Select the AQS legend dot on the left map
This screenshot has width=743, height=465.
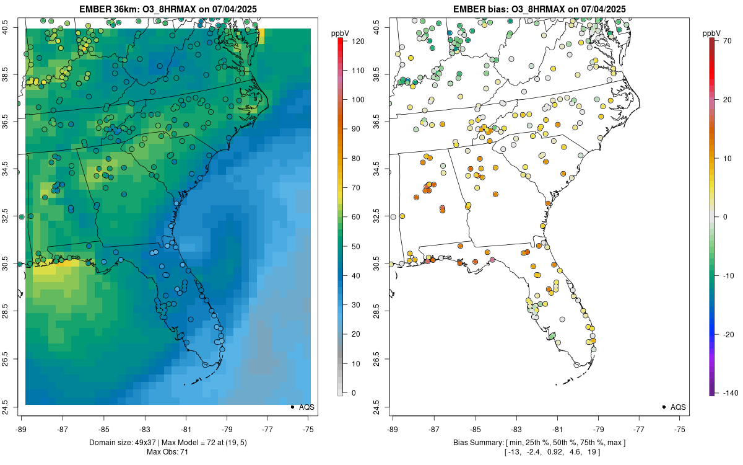(292, 407)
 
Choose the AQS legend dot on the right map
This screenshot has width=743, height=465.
(664, 407)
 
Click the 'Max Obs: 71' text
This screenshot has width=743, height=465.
(168, 452)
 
